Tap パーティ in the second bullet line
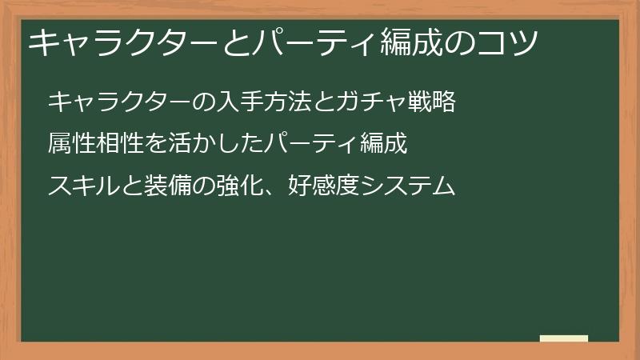pos(311,144)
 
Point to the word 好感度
pos(318,186)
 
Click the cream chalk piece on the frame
pos(564,338)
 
